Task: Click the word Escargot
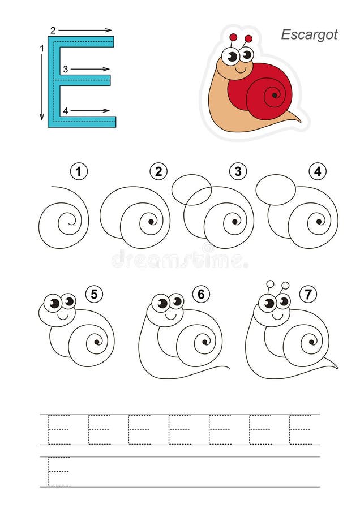pyautogui.click(x=309, y=35)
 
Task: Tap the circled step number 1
pyautogui.click(x=79, y=171)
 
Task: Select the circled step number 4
pyautogui.click(x=318, y=171)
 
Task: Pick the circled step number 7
pyautogui.click(x=308, y=295)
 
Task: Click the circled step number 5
pyautogui.click(x=94, y=295)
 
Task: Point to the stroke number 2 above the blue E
pyautogui.click(x=53, y=31)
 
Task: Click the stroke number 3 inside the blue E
pyautogui.click(x=65, y=69)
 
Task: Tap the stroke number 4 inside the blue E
pyautogui.click(x=65, y=111)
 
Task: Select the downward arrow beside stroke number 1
pyautogui.click(x=41, y=87)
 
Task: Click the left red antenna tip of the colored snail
pyautogui.click(x=233, y=37)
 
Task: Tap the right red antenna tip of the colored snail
pyautogui.click(x=248, y=39)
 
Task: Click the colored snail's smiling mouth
pyautogui.click(x=240, y=70)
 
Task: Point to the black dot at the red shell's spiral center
pyautogui.click(x=275, y=96)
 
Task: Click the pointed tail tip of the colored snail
pyautogui.click(x=300, y=122)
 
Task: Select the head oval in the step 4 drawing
pyautogui.click(x=276, y=190)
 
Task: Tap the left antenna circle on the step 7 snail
pyautogui.click(x=270, y=284)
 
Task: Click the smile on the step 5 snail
pyautogui.click(x=63, y=316)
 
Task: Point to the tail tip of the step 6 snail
pyautogui.click(x=229, y=368)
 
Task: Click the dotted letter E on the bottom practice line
pyautogui.click(x=59, y=472)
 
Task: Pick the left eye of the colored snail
pyautogui.click(x=231, y=57)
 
